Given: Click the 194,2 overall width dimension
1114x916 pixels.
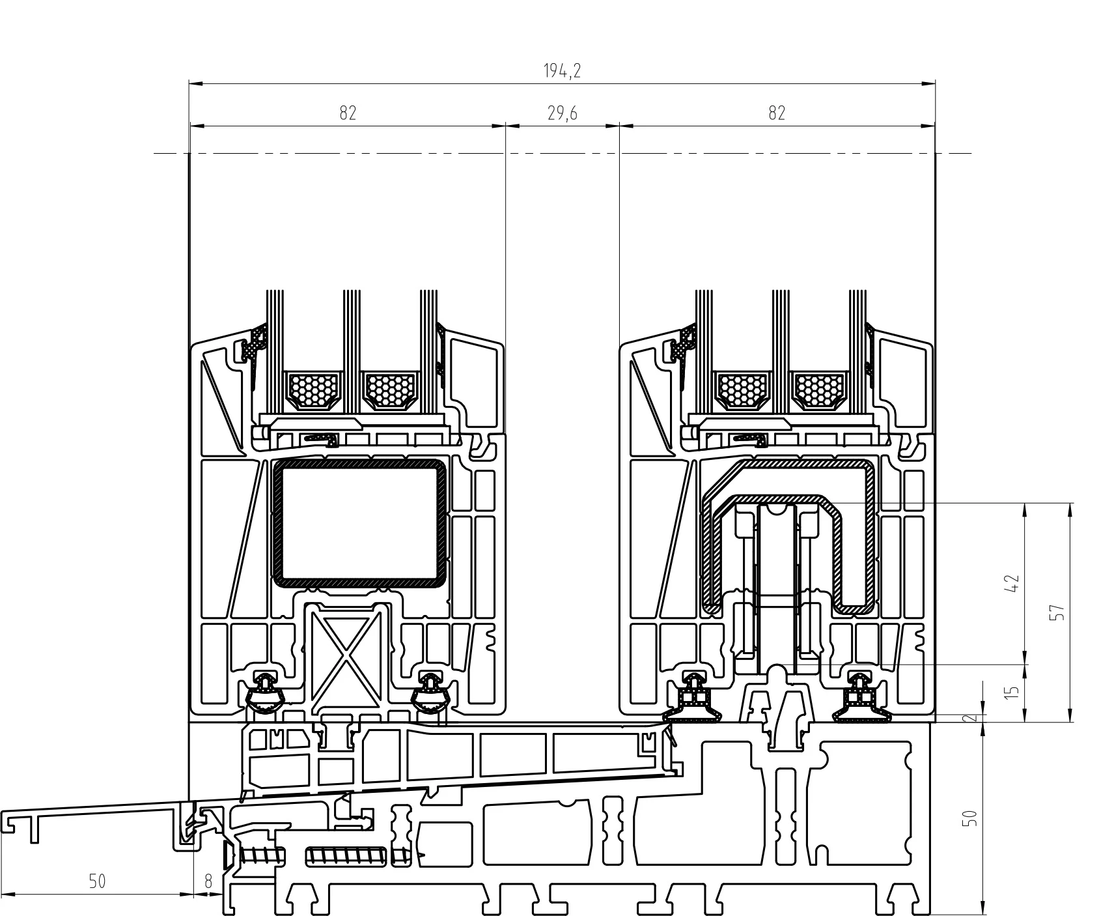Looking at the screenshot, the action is (x=562, y=71).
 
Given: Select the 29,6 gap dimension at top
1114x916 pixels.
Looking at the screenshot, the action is (x=562, y=113).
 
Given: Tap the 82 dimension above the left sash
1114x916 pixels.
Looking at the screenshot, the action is (x=348, y=113).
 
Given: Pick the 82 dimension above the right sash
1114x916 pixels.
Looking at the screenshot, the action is (x=777, y=113).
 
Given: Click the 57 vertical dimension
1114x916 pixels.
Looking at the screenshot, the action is (x=1059, y=612).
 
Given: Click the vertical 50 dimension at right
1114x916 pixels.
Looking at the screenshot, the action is (x=970, y=818).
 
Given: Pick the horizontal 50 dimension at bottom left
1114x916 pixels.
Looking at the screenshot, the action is (x=97, y=881).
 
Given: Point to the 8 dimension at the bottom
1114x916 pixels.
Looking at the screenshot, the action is (x=208, y=881).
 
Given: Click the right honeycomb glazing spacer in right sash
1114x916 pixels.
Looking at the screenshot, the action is (x=819, y=390).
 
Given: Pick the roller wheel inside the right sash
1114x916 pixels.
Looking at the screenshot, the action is (x=776, y=590).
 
